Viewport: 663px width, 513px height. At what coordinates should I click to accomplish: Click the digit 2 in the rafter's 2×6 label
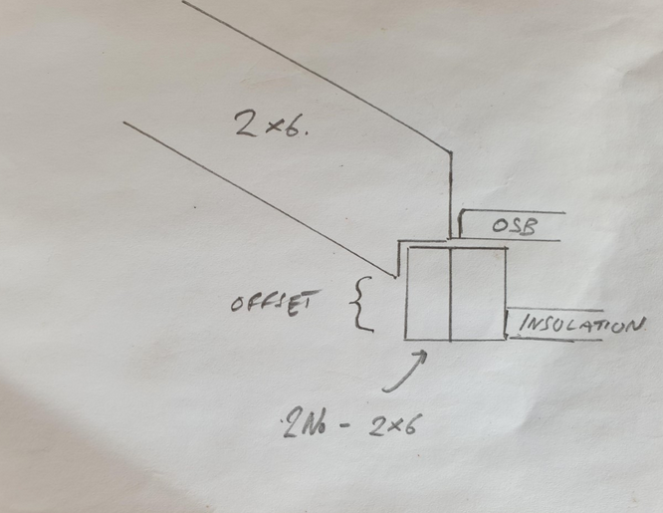247,124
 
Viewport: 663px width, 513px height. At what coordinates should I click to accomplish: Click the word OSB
514,225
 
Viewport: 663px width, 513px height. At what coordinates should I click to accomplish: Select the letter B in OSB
531,227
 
